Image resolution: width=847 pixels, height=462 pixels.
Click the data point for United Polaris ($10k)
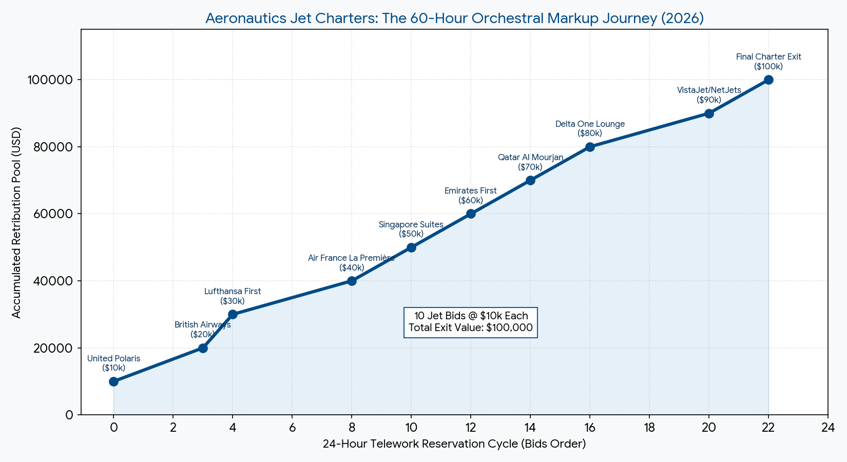(x=113, y=381)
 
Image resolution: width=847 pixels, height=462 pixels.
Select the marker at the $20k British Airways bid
(x=203, y=348)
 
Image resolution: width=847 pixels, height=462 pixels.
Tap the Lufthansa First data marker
(x=233, y=314)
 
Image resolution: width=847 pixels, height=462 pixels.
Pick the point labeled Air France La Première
(x=352, y=281)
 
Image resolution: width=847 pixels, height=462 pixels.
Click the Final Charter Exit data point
(x=768, y=80)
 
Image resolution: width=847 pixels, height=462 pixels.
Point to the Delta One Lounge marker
(x=590, y=147)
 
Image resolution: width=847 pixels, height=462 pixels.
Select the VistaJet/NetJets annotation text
(x=709, y=95)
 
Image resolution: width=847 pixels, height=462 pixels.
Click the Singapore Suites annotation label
(x=411, y=229)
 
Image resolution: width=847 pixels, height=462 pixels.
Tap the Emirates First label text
(x=471, y=196)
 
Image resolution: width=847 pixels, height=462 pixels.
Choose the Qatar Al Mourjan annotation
(x=530, y=162)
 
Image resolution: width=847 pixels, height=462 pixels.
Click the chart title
(x=454, y=18)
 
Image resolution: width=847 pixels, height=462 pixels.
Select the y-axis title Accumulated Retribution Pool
(x=16, y=222)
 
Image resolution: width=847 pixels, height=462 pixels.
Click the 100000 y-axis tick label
(x=49, y=80)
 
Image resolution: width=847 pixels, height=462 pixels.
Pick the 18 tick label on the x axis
(x=649, y=428)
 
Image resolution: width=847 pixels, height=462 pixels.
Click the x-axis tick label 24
(x=827, y=428)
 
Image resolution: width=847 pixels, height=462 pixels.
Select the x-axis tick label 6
(x=292, y=428)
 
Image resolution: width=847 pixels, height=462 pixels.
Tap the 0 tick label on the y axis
(x=69, y=415)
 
